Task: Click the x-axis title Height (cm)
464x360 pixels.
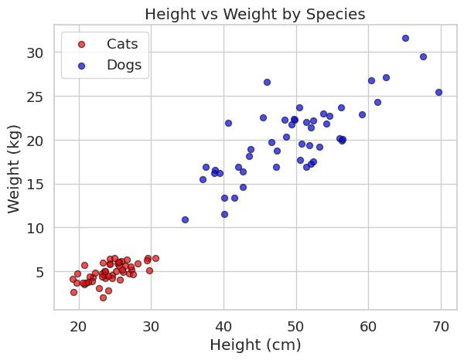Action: point(255,345)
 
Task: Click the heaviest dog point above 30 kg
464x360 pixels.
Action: point(405,38)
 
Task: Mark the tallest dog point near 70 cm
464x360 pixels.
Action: point(438,92)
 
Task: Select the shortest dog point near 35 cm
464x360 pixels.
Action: point(185,219)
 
